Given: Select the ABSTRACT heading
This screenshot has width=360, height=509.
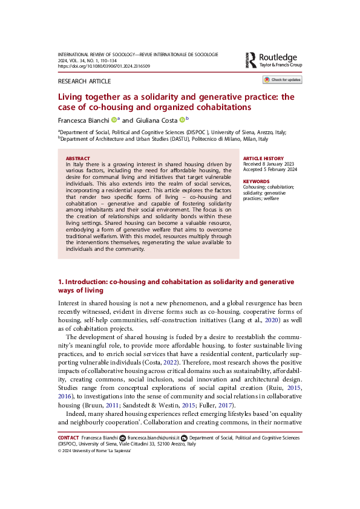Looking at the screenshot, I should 77,158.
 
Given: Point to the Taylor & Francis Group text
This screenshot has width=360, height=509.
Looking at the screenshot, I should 281,64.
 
